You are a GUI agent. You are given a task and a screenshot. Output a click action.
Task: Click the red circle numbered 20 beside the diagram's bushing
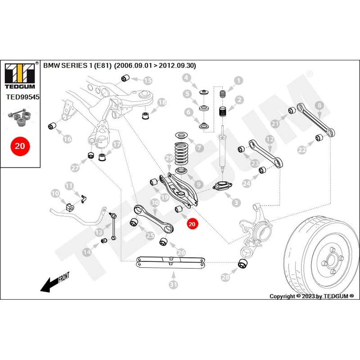192,224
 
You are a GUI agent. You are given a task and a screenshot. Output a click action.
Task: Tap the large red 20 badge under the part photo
20,146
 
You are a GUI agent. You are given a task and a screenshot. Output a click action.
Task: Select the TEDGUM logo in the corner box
20,76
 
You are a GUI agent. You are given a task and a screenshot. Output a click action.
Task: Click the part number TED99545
23,97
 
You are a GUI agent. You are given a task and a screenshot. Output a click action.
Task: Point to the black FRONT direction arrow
54,283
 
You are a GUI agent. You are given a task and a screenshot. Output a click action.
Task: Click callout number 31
174,285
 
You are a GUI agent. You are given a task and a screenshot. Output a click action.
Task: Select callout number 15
148,81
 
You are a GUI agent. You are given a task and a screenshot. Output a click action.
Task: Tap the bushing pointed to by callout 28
243,263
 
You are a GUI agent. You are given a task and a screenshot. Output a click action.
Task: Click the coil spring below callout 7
181,153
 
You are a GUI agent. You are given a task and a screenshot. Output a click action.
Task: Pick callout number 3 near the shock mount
236,202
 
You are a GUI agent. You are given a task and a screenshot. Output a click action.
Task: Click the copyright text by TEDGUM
311,296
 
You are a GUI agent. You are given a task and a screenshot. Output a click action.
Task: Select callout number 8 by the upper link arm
319,105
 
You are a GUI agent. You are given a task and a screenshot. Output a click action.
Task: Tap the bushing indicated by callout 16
52,126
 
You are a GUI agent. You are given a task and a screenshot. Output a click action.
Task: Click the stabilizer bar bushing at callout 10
70,207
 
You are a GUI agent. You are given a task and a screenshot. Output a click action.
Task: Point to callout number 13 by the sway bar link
99,232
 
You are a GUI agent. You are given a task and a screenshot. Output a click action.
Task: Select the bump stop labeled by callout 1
222,94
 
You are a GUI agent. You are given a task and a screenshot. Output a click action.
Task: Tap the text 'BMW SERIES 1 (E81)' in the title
77,66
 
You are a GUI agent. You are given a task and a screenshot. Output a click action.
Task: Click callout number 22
302,150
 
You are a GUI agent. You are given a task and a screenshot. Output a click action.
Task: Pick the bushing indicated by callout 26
164,242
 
